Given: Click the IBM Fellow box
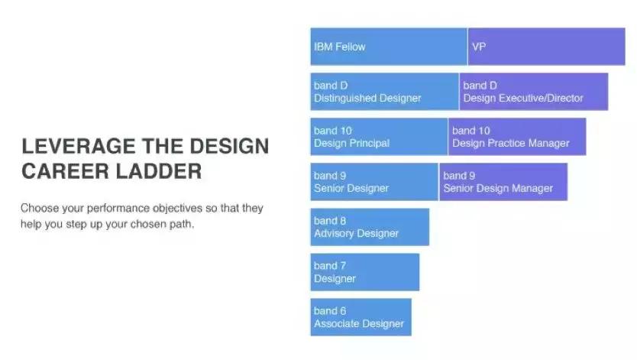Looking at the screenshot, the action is click(389, 47).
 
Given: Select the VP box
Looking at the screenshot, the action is click(546, 47).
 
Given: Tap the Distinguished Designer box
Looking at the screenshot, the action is click(384, 92).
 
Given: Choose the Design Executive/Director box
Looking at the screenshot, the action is click(534, 92).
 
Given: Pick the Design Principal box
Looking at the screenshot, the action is click(379, 137).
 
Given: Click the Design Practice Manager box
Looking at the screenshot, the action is click(517, 137).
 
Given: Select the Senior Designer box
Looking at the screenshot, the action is click(374, 182).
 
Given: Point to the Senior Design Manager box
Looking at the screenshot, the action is click(503, 182).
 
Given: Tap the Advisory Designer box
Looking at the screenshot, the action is click(370, 227).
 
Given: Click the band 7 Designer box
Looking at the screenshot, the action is click(365, 272).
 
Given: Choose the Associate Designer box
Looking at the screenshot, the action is click(361, 317).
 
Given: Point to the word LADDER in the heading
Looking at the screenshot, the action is click(159, 171).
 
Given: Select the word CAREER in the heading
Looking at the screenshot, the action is click(66, 171).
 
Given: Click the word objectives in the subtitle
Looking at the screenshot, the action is click(177, 209).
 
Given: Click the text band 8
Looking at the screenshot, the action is click(329, 221).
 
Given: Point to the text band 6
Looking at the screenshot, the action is click(329, 311).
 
